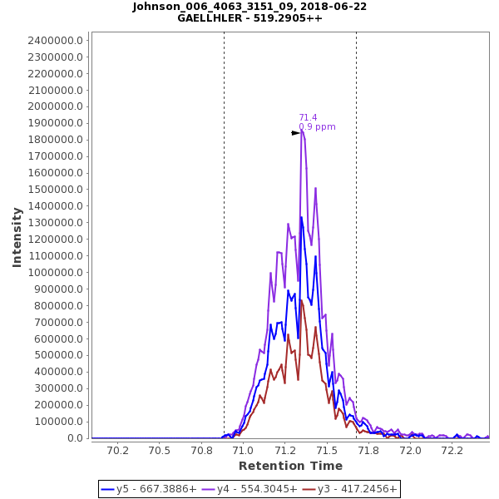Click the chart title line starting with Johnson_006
(249, 7)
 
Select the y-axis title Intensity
(17, 237)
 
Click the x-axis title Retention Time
(290, 466)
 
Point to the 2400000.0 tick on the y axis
(55, 40)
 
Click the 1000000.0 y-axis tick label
(55, 272)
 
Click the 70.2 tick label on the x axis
(117, 451)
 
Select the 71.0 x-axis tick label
(243, 451)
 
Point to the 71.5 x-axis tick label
(327, 451)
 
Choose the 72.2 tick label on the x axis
(452, 451)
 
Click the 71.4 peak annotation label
(308, 117)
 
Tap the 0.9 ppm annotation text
(317, 127)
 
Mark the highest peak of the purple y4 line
(302, 130)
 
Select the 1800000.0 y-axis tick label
(55, 140)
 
